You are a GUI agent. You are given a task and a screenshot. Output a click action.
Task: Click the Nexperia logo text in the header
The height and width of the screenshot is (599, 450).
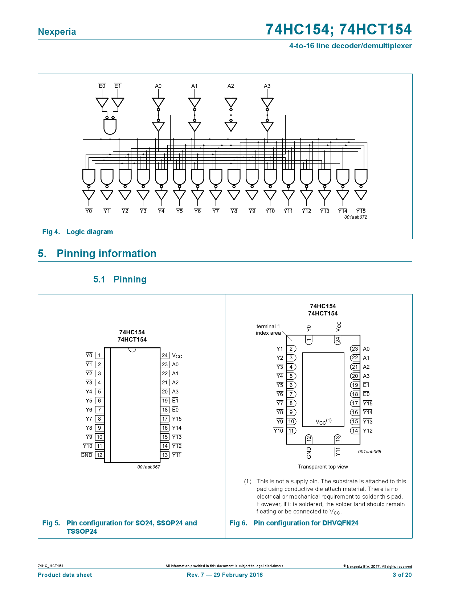(57, 32)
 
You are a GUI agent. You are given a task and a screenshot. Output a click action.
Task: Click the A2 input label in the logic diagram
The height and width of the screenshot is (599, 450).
(231, 86)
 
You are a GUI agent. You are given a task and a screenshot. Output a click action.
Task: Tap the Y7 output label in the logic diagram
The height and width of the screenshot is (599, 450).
(216, 211)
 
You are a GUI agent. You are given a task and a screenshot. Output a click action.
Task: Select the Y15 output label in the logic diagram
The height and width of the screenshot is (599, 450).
(361, 211)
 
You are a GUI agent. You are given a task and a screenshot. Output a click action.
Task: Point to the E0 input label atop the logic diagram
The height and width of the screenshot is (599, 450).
(102, 86)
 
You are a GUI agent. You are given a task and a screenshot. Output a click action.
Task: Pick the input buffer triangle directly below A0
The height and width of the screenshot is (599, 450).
(158, 102)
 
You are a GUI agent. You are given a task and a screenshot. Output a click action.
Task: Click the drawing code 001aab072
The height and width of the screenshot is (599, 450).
(355, 217)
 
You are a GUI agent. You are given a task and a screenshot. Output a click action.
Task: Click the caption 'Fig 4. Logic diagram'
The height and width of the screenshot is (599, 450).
(78, 232)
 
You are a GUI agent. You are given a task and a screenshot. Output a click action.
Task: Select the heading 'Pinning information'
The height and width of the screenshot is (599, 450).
(106, 253)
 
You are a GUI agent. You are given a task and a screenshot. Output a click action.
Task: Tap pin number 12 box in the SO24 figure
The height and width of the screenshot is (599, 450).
(99, 455)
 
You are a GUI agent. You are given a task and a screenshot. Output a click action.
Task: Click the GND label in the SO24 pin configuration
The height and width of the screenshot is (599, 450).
(86, 455)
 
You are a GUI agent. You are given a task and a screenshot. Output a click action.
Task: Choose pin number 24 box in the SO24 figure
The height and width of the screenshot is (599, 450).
(165, 355)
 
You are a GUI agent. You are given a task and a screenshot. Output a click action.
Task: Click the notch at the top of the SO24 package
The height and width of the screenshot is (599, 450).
(132, 350)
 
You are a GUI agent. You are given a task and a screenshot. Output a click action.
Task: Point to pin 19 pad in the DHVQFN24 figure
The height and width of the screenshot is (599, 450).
(355, 385)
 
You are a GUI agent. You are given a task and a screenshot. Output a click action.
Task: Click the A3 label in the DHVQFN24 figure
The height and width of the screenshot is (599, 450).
(366, 376)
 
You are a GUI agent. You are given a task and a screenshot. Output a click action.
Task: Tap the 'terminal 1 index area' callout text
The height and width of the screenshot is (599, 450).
(268, 330)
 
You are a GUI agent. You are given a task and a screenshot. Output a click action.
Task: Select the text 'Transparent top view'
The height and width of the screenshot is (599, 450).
(323, 467)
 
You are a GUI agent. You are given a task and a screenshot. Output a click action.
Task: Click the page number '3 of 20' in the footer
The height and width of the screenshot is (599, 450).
(402, 575)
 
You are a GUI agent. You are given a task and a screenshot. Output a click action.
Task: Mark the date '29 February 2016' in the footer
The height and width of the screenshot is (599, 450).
(238, 575)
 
